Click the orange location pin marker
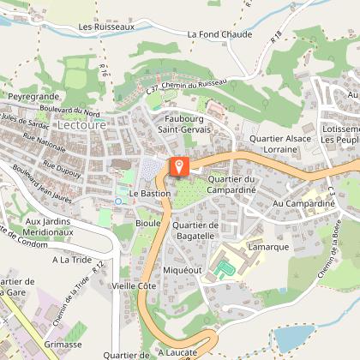[x=178, y=165]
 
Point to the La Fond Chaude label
[x=219, y=35]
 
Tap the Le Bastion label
[x=151, y=195]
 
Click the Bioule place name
[x=148, y=222]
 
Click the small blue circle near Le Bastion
[x=117, y=201]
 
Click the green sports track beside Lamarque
[x=225, y=269]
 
